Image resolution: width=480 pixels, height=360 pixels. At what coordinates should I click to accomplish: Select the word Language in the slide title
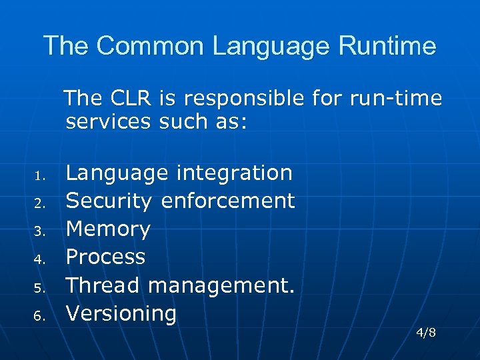tap(272, 47)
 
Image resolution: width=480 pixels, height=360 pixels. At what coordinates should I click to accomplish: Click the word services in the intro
tap(109, 122)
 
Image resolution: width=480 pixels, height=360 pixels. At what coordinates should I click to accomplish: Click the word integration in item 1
tap(234, 173)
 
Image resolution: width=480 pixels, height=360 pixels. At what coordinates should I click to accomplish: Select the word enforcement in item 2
tap(228, 201)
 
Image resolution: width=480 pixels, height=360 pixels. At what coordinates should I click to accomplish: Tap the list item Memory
tap(109, 229)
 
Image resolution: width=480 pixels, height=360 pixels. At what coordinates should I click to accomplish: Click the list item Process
tap(106, 257)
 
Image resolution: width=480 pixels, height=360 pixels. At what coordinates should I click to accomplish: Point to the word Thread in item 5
tap(103, 285)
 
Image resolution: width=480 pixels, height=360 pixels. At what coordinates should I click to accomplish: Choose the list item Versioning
tap(121, 313)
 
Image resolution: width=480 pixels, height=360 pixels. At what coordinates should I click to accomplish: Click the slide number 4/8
tap(425, 332)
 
